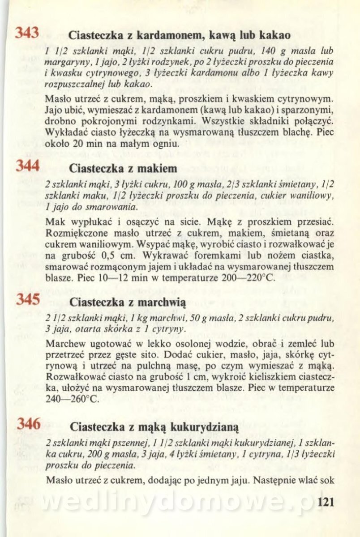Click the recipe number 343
pos(27,33)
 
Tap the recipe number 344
pos(28,166)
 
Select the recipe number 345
pos(28,299)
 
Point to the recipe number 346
pos(28,424)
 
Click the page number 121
pos(326,502)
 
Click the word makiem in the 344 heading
pos(157,168)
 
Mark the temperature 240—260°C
pos(72,399)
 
